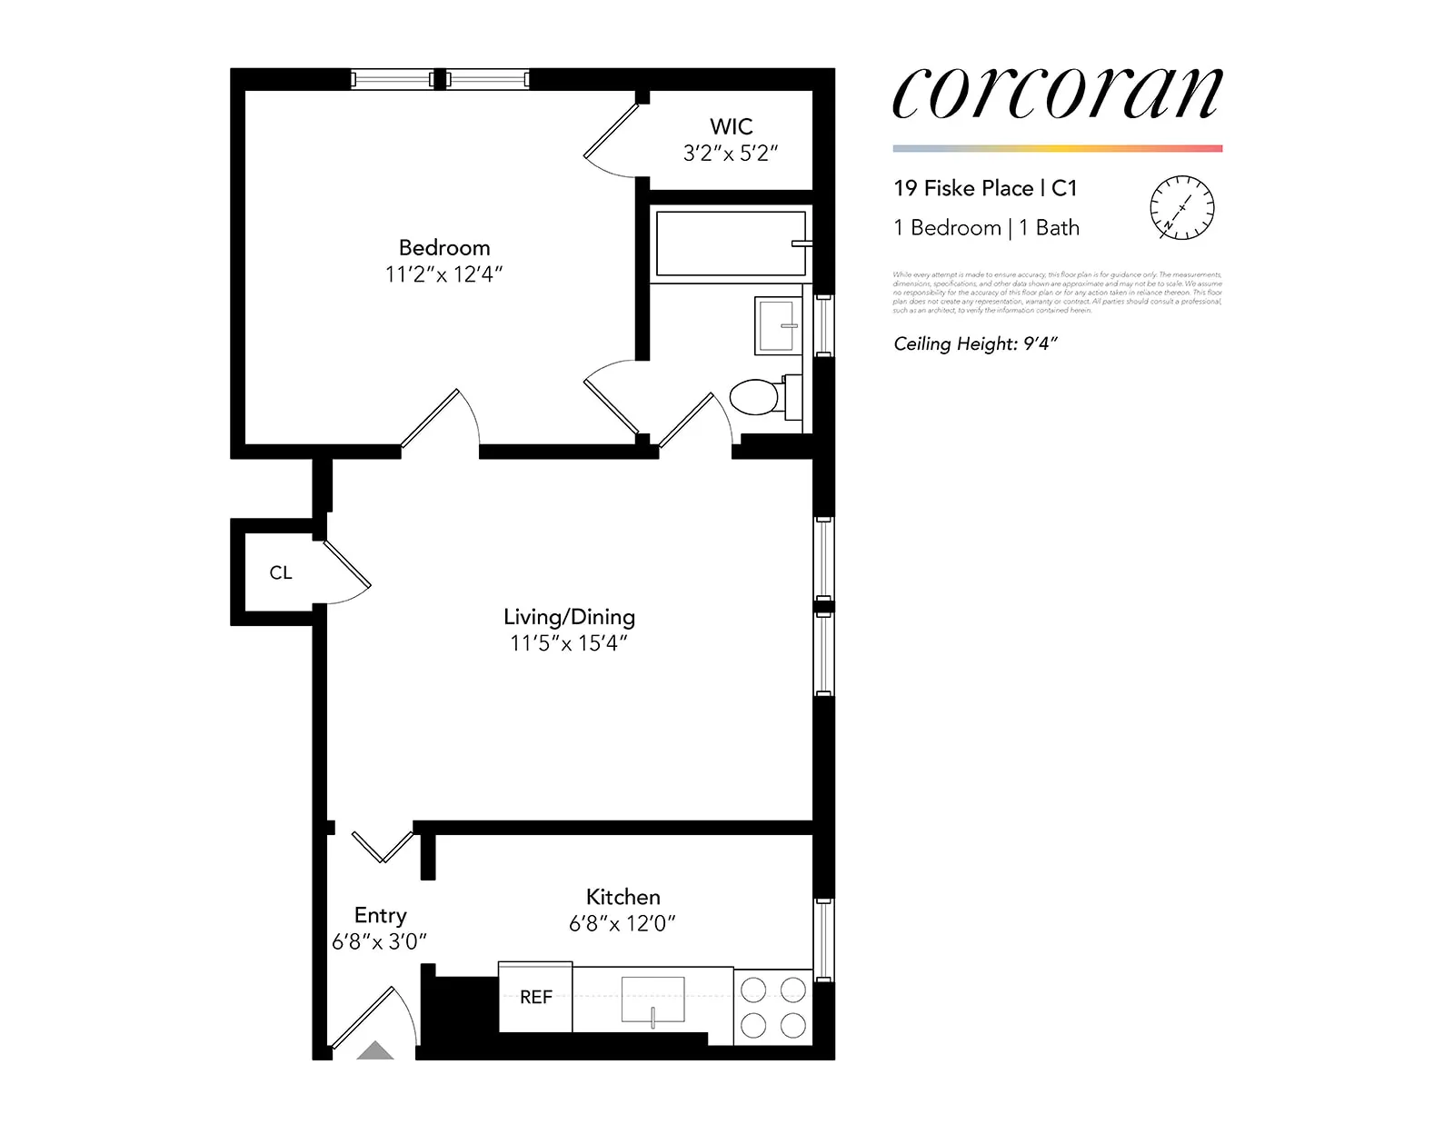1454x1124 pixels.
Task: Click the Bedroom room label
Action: click(x=443, y=248)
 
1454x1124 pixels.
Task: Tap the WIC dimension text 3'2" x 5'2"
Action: click(x=731, y=154)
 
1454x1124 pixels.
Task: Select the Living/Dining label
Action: click(x=569, y=617)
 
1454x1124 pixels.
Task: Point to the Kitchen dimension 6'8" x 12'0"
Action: click(x=622, y=924)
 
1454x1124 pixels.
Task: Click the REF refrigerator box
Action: click(x=535, y=997)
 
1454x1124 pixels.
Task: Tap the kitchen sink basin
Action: click(x=652, y=1000)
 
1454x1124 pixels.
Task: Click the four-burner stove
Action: click(x=772, y=1007)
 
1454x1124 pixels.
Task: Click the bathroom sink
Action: click(x=777, y=325)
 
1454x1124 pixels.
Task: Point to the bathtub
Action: click(x=731, y=243)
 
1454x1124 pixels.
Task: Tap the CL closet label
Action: click(x=280, y=573)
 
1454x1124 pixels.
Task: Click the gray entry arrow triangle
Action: click(x=374, y=1051)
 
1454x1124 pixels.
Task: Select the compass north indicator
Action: click(x=1181, y=208)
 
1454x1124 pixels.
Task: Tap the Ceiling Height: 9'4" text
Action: click(x=975, y=343)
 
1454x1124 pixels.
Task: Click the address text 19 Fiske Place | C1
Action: click(x=984, y=188)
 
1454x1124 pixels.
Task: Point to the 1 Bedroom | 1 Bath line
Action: click(x=986, y=228)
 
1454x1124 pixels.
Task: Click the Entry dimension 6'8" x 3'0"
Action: click(x=379, y=942)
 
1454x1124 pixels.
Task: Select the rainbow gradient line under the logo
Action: click(x=1057, y=148)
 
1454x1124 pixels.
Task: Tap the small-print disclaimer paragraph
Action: click(x=1057, y=292)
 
